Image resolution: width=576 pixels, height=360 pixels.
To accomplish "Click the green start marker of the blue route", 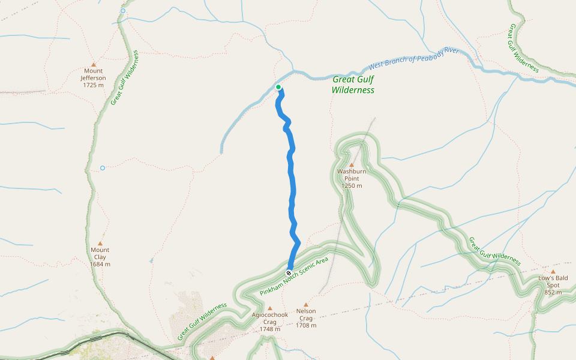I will pyautogui.click(x=278, y=87).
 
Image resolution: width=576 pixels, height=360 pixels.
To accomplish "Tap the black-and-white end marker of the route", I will pyautogui.click(x=289, y=273).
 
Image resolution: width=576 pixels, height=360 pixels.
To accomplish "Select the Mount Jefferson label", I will pyautogui.click(x=93, y=74).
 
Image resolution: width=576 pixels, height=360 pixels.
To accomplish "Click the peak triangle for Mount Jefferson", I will pyautogui.click(x=94, y=65).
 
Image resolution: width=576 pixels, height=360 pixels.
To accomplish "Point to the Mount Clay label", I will pyautogui.click(x=100, y=253).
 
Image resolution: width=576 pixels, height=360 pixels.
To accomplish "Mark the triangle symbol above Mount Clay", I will pyautogui.click(x=100, y=243).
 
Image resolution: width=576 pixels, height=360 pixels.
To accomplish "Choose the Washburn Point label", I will pyautogui.click(x=352, y=175).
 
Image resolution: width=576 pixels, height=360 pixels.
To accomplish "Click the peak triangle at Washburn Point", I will pyautogui.click(x=352, y=165).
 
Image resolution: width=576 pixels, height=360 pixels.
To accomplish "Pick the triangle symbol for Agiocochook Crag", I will pyautogui.click(x=269, y=308).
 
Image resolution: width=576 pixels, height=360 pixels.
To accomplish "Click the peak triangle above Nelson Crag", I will pyautogui.click(x=306, y=304).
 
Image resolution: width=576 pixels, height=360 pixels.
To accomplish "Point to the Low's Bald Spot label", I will pyautogui.click(x=553, y=281).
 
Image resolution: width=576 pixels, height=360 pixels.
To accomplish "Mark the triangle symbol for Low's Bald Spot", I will pyautogui.click(x=553, y=271).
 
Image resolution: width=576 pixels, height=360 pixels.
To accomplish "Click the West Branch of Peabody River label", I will pyautogui.click(x=413, y=58).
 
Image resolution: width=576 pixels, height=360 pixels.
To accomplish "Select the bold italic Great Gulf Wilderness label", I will pyautogui.click(x=353, y=85).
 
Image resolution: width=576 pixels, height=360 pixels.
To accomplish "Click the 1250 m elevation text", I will pyautogui.click(x=352, y=186).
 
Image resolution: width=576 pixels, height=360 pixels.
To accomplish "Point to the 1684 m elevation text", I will pyautogui.click(x=100, y=264).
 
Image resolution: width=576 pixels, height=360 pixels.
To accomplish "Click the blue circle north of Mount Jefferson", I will pyautogui.click(x=123, y=11).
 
